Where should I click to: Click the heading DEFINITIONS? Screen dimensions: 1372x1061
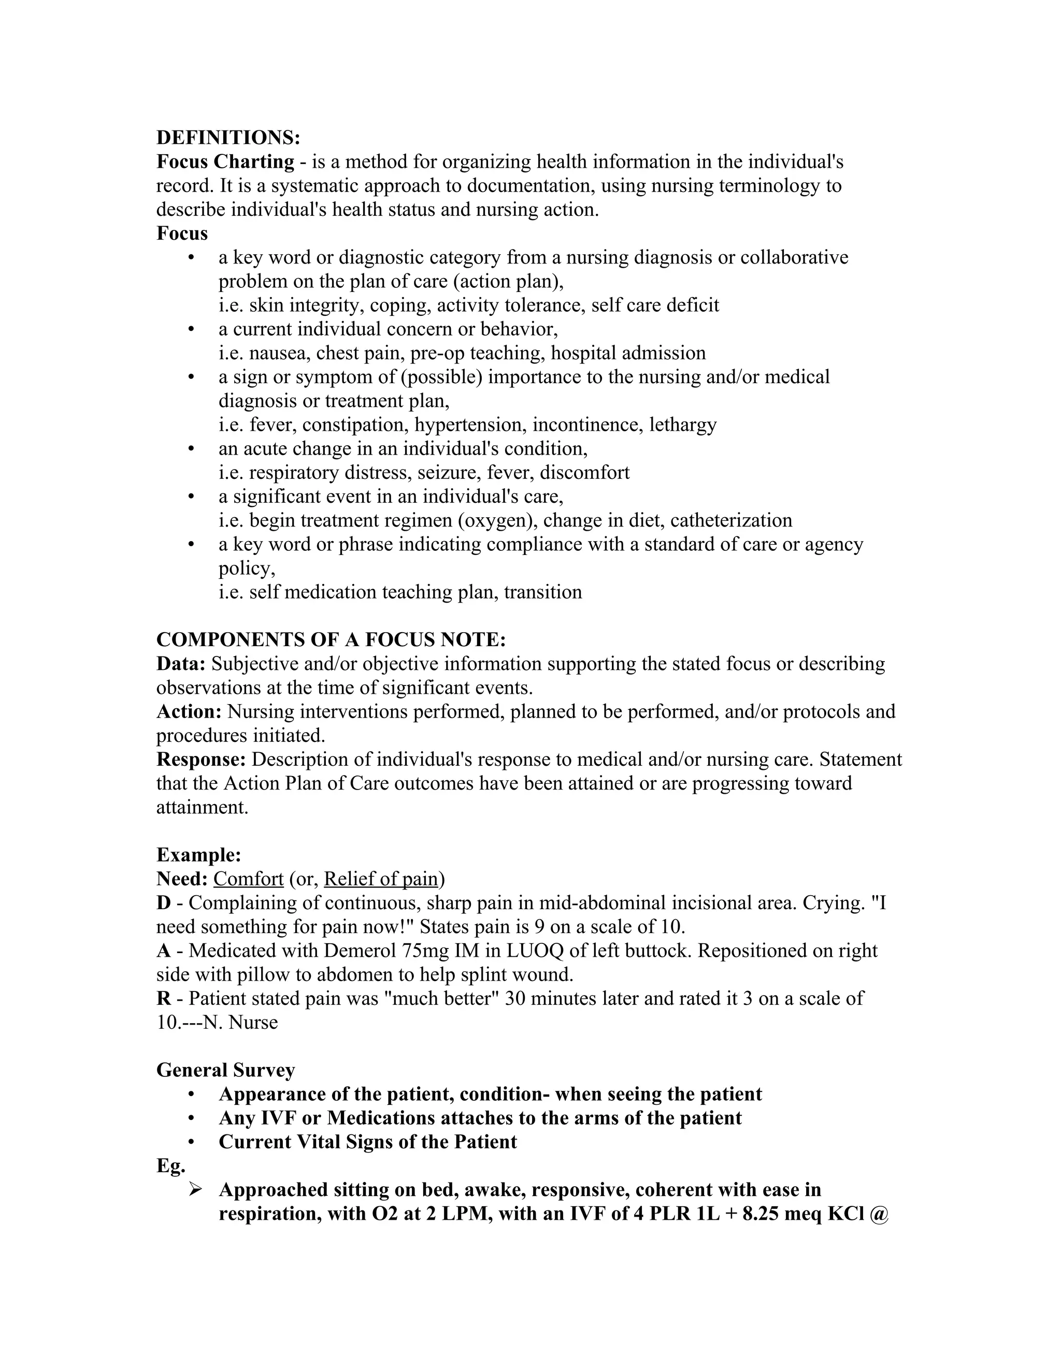pos(228,138)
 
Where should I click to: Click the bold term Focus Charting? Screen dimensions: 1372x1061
pos(225,162)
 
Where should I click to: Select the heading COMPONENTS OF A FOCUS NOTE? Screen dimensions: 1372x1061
pos(331,639)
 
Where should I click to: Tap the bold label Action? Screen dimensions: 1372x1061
pos(189,711)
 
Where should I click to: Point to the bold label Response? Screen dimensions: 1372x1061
pos(201,760)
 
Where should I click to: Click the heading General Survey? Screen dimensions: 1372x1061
pos(225,1070)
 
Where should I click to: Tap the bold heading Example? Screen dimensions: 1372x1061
pos(198,855)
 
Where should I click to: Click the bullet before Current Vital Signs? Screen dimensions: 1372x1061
pos(191,1142)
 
